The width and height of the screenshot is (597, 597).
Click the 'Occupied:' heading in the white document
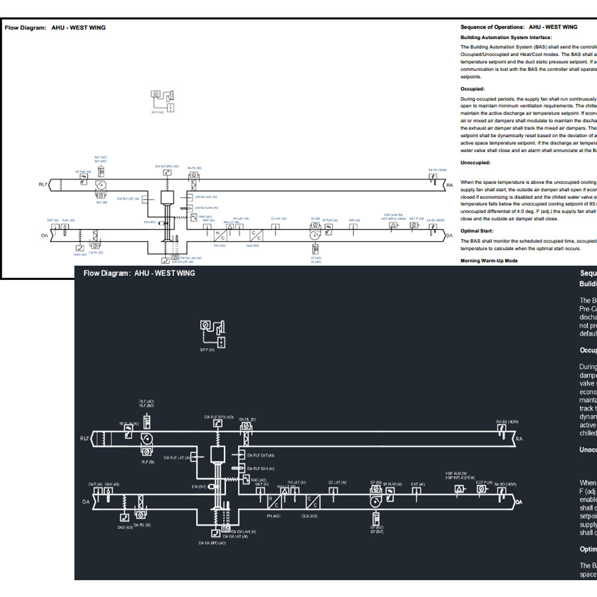[x=473, y=88]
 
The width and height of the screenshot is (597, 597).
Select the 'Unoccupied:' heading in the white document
[x=476, y=163]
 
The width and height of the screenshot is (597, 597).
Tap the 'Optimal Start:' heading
[x=477, y=231]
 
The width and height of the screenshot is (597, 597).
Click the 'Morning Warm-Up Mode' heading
[x=489, y=261]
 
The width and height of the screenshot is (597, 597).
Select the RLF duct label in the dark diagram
[x=84, y=438]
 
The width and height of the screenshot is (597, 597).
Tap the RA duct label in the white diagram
[x=449, y=186]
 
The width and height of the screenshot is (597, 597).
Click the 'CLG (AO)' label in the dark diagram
[x=310, y=516]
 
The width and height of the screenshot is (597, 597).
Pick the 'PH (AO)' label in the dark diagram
[x=273, y=516]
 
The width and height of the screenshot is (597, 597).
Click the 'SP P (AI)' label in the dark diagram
[x=208, y=349]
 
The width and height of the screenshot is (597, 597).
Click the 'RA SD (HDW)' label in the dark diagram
[x=507, y=422]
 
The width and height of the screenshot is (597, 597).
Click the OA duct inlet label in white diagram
[x=44, y=235]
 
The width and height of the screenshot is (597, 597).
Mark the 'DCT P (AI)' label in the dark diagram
[x=484, y=482]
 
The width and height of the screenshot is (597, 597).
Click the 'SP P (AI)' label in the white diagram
[x=157, y=112]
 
